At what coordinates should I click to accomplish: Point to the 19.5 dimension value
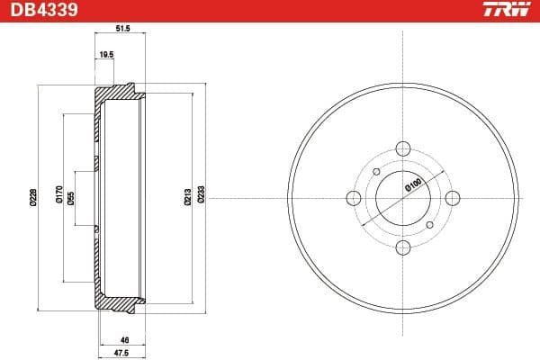click(x=105, y=54)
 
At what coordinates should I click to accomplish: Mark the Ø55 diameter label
click(x=71, y=196)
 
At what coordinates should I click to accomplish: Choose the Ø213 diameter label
click(x=187, y=196)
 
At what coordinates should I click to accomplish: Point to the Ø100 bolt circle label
click(x=414, y=185)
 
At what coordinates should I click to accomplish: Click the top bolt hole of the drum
click(x=403, y=149)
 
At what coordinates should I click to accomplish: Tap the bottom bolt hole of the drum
click(x=403, y=247)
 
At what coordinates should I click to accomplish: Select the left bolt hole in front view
click(x=354, y=198)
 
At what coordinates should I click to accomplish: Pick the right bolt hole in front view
click(x=452, y=198)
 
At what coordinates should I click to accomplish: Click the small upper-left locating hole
click(x=376, y=172)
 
